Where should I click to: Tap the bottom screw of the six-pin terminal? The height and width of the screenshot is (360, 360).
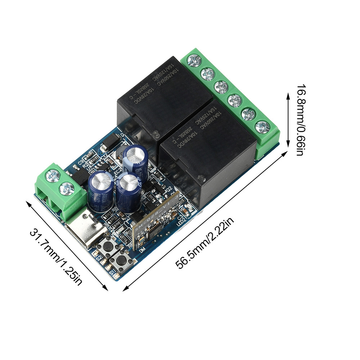click(x=262, y=127)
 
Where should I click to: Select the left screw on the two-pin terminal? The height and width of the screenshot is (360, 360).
click(x=54, y=175)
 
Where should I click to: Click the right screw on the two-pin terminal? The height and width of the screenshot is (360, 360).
click(x=66, y=187)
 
